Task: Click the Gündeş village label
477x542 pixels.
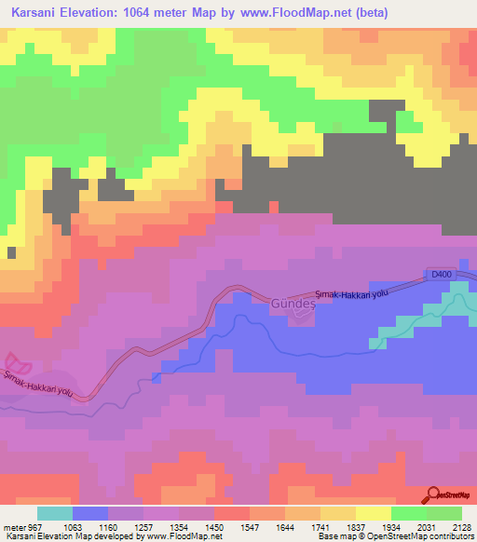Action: tap(293, 304)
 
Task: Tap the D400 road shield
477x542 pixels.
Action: tap(441, 274)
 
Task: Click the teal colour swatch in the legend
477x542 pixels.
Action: tap(54, 513)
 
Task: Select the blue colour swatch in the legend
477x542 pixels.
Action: tap(90, 513)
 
